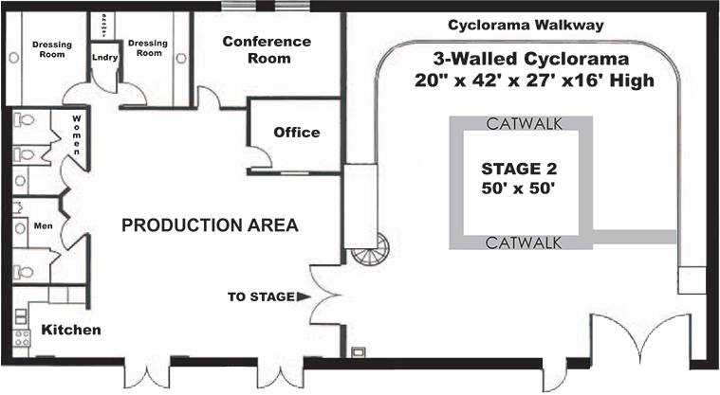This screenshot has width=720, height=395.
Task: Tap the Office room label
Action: tap(296, 133)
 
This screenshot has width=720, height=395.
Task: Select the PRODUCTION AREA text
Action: tap(210, 225)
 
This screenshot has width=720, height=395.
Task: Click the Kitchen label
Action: tap(70, 330)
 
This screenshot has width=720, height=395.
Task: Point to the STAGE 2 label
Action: tap(519, 170)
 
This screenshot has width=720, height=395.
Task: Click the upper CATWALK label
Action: tap(520, 123)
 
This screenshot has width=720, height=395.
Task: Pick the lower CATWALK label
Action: tap(520, 242)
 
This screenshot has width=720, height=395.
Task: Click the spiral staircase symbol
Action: tap(369, 251)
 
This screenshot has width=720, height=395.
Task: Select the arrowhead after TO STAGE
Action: tap(304, 296)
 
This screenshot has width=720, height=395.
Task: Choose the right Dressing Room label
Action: tap(147, 48)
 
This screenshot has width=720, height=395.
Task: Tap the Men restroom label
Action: tap(41, 226)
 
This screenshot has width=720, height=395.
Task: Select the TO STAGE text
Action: tap(260, 296)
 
